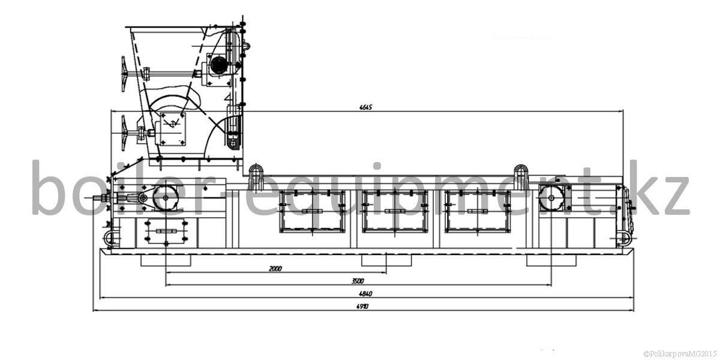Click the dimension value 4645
tap(365, 107)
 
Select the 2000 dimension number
tap(275, 268)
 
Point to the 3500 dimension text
tap(358, 281)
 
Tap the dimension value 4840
tap(365, 294)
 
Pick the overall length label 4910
tap(362, 307)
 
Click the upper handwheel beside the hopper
tap(124, 74)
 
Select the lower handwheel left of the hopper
tap(124, 133)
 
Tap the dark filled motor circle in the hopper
tap(218, 65)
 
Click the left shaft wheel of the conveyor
tap(166, 198)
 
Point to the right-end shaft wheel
tap(551, 198)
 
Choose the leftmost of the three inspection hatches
tap(312, 211)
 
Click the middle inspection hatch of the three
tap(395, 211)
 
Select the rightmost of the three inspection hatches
tap(478, 211)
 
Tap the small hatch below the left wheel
tap(166, 231)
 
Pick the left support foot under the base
tap(166, 260)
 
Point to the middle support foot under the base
tap(386, 260)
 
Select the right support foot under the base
tap(551, 260)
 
